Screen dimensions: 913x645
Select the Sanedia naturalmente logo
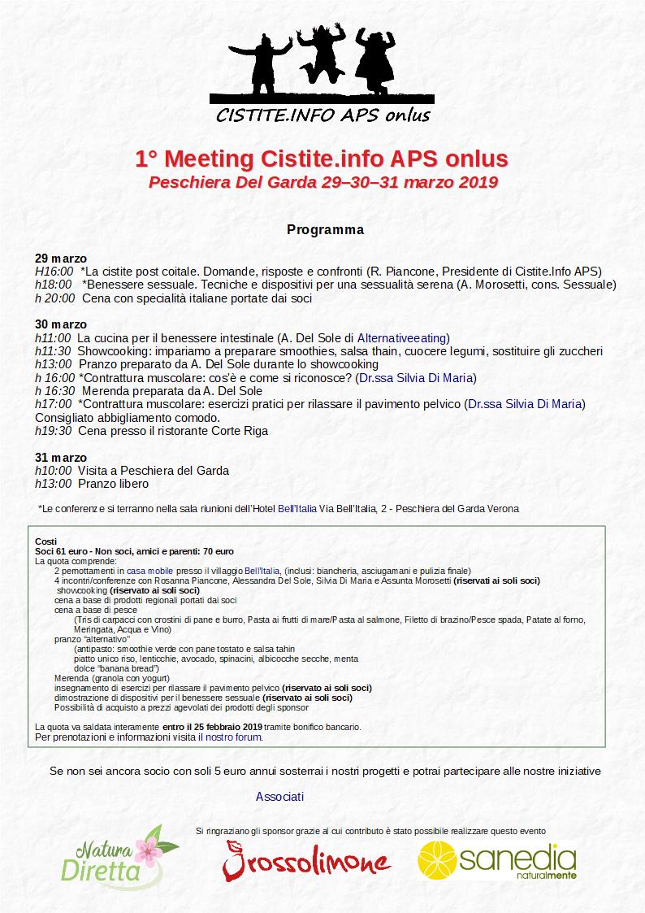tap(496, 860)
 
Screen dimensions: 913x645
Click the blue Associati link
tap(279, 797)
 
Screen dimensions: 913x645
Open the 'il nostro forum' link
tap(230, 737)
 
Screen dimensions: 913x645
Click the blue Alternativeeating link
tap(403, 337)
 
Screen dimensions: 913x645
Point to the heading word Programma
tap(325, 229)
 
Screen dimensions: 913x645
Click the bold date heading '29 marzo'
tap(61, 259)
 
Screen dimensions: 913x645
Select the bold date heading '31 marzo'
tap(61, 458)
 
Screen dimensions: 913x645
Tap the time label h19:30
tap(54, 431)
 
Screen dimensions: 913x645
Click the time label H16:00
tap(54, 272)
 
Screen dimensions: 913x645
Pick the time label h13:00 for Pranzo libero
tap(54, 484)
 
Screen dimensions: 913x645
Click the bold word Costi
tap(46, 541)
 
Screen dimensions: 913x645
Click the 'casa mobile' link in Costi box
tap(149, 572)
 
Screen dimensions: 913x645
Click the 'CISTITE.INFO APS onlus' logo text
tap(322, 115)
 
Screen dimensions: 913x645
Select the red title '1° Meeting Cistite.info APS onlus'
tap(322, 158)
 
